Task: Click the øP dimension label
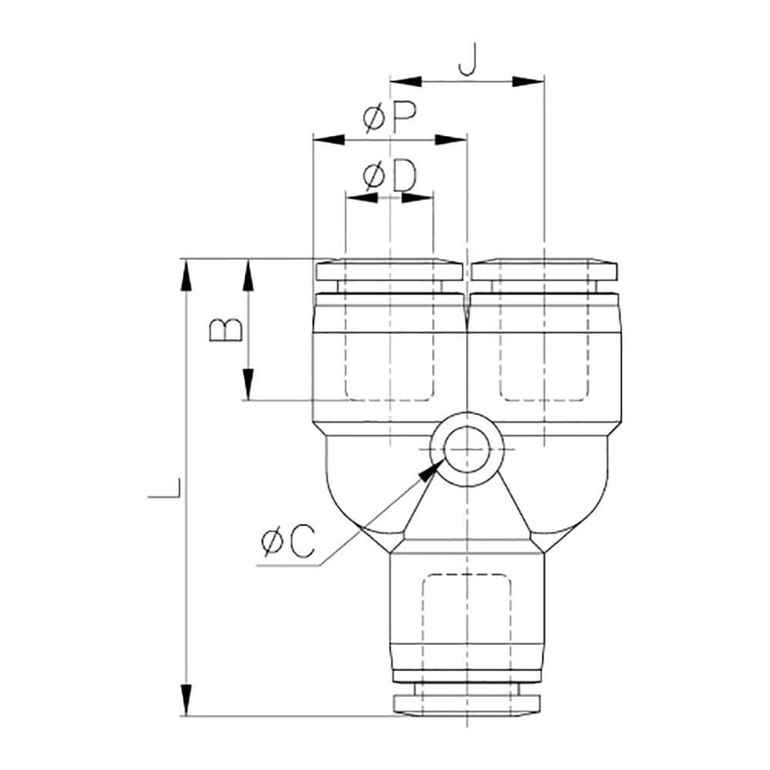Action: (390, 118)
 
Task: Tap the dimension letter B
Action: (226, 330)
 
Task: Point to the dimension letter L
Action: (165, 488)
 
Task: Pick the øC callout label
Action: (288, 541)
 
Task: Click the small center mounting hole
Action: (467, 450)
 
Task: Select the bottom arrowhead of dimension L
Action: (185, 699)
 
